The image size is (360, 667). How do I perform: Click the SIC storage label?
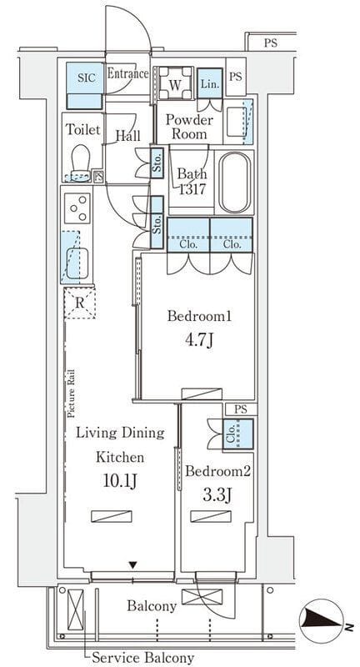tap(87, 78)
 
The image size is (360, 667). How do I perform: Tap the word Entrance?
tap(127, 73)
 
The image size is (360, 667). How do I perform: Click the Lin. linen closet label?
tap(210, 84)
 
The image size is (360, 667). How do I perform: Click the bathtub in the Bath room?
tap(235, 182)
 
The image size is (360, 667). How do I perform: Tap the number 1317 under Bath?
tap(192, 188)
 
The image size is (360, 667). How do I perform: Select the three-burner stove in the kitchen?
tap(77, 208)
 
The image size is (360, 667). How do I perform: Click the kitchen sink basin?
tap(77, 263)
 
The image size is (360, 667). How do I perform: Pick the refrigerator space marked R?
tap(79, 303)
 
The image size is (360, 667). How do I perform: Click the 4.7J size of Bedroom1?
tap(199, 340)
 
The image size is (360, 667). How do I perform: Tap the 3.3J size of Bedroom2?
tap(217, 494)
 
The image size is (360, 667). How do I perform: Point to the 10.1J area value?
tap(119, 481)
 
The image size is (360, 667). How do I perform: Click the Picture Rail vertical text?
tap(71, 393)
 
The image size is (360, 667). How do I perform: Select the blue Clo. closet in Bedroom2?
tap(238, 434)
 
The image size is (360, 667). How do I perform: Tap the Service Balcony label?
tap(143, 657)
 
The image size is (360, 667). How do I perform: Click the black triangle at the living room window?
tap(133, 565)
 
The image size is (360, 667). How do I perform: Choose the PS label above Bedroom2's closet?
tap(241, 409)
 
